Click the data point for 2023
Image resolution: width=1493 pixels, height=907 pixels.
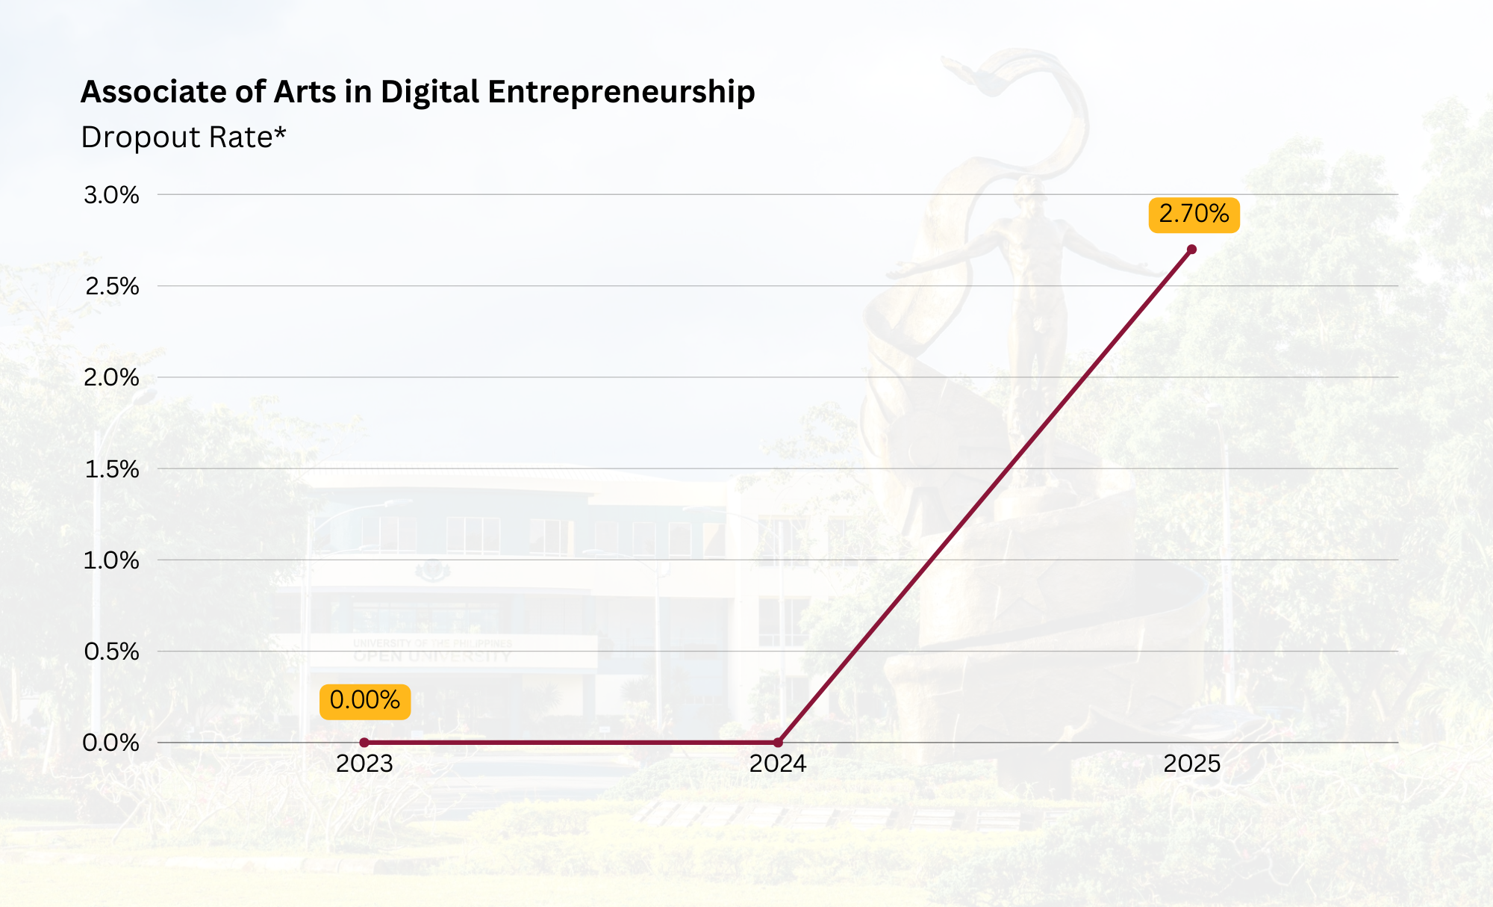[x=364, y=743]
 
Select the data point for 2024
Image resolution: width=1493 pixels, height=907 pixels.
[x=778, y=743]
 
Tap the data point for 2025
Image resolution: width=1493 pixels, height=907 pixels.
[x=1191, y=250]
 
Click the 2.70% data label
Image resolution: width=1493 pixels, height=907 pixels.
[x=1194, y=214]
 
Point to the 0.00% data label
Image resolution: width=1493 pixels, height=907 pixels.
[x=365, y=701]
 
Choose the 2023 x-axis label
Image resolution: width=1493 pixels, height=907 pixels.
[x=364, y=764]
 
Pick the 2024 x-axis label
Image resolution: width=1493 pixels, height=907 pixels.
[x=778, y=764]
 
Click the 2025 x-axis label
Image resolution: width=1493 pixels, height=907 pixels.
[x=1192, y=764]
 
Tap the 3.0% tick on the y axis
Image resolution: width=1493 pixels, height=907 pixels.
[x=111, y=195]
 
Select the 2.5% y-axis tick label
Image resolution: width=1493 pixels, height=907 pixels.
[x=111, y=286]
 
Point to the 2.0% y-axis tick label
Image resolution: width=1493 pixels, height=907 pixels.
[x=111, y=377]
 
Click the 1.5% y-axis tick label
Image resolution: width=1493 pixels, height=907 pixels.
[x=111, y=469]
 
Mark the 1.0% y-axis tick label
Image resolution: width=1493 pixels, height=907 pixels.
[x=111, y=560]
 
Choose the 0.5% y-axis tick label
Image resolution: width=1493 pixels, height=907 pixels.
[x=111, y=651]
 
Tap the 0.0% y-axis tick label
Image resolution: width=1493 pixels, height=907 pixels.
[x=111, y=743]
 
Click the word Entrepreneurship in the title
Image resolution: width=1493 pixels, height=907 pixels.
[x=621, y=93]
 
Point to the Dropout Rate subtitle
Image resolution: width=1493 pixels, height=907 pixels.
[x=184, y=137]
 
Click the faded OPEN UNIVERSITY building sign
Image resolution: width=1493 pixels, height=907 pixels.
[x=432, y=656]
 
